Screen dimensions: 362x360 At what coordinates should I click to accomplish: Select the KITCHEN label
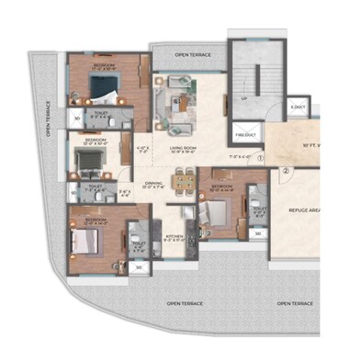click(x=174, y=237)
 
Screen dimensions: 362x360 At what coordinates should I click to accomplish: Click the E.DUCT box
click(x=298, y=107)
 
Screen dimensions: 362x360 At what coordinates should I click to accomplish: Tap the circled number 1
click(x=260, y=157)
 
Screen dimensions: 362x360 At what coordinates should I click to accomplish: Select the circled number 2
click(x=286, y=170)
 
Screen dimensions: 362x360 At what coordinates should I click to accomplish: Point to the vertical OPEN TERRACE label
click(x=44, y=120)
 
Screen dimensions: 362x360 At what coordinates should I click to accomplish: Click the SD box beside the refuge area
click(x=258, y=233)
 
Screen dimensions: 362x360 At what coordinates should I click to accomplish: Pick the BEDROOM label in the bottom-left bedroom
click(x=96, y=221)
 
